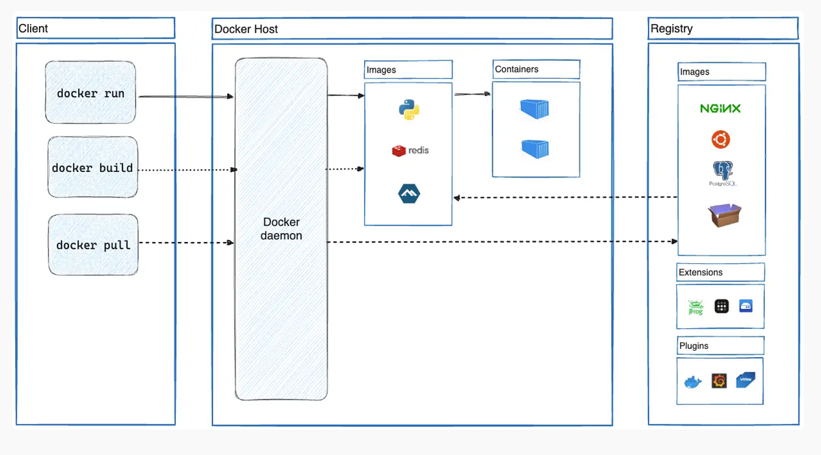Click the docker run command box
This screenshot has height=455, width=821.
tap(90, 93)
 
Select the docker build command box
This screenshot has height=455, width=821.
tap(92, 168)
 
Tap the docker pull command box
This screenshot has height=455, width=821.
tap(93, 245)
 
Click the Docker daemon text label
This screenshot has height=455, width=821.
tap(281, 229)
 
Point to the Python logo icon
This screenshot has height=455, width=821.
tap(408, 110)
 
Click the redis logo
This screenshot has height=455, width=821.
tap(410, 150)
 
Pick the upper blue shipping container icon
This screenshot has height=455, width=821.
tap(535, 108)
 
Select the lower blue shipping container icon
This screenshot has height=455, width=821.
tap(535, 149)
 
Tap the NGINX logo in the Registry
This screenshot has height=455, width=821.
tap(720, 108)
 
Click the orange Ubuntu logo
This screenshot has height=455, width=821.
tap(720, 140)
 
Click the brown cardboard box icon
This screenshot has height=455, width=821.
tap(725, 215)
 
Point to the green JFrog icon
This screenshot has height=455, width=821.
tap(695, 307)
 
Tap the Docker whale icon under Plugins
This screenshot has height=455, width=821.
tap(693, 382)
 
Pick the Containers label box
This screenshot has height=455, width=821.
tap(536, 69)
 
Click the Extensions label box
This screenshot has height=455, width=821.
tap(720, 272)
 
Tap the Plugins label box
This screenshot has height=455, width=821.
tap(720, 346)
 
